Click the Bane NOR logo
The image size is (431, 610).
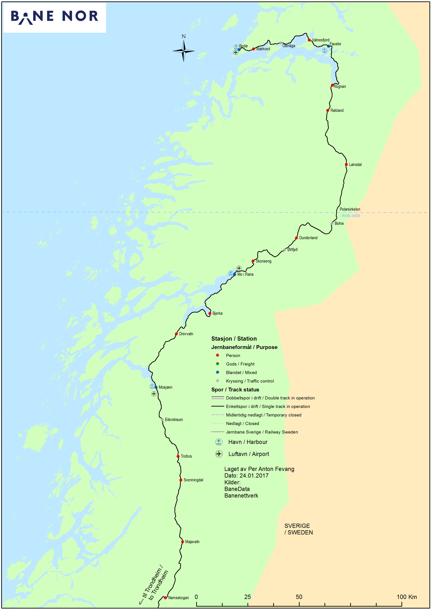(x=54, y=17)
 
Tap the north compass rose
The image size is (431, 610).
(x=183, y=50)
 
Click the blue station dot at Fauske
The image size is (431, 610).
(x=328, y=46)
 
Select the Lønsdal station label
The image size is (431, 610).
(x=355, y=164)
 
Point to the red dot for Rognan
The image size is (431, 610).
(x=332, y=85)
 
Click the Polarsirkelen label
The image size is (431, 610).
(x=350, y=209)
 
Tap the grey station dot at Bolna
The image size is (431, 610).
(x=332, y=223)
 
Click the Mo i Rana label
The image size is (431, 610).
(x=245, y=274)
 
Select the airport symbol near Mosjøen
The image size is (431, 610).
(x=154, y=394)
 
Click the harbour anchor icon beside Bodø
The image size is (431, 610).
(x=236, y=47)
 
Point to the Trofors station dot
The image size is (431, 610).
(x=178, y=456)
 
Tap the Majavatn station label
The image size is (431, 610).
(x=192, y=542)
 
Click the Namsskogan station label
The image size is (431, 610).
(x=178, y=598)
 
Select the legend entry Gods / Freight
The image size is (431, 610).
(x=240, y=364)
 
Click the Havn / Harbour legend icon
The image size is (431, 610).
(x=219, y=442)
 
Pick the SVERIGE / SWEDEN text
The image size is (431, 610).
(x=298, y=529)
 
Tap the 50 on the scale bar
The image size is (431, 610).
(x=299, y=597)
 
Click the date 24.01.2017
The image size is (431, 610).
(x=254, y=475)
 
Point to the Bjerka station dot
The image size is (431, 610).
(x=210, y=313)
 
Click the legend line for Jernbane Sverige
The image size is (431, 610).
(x=218, y=432)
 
